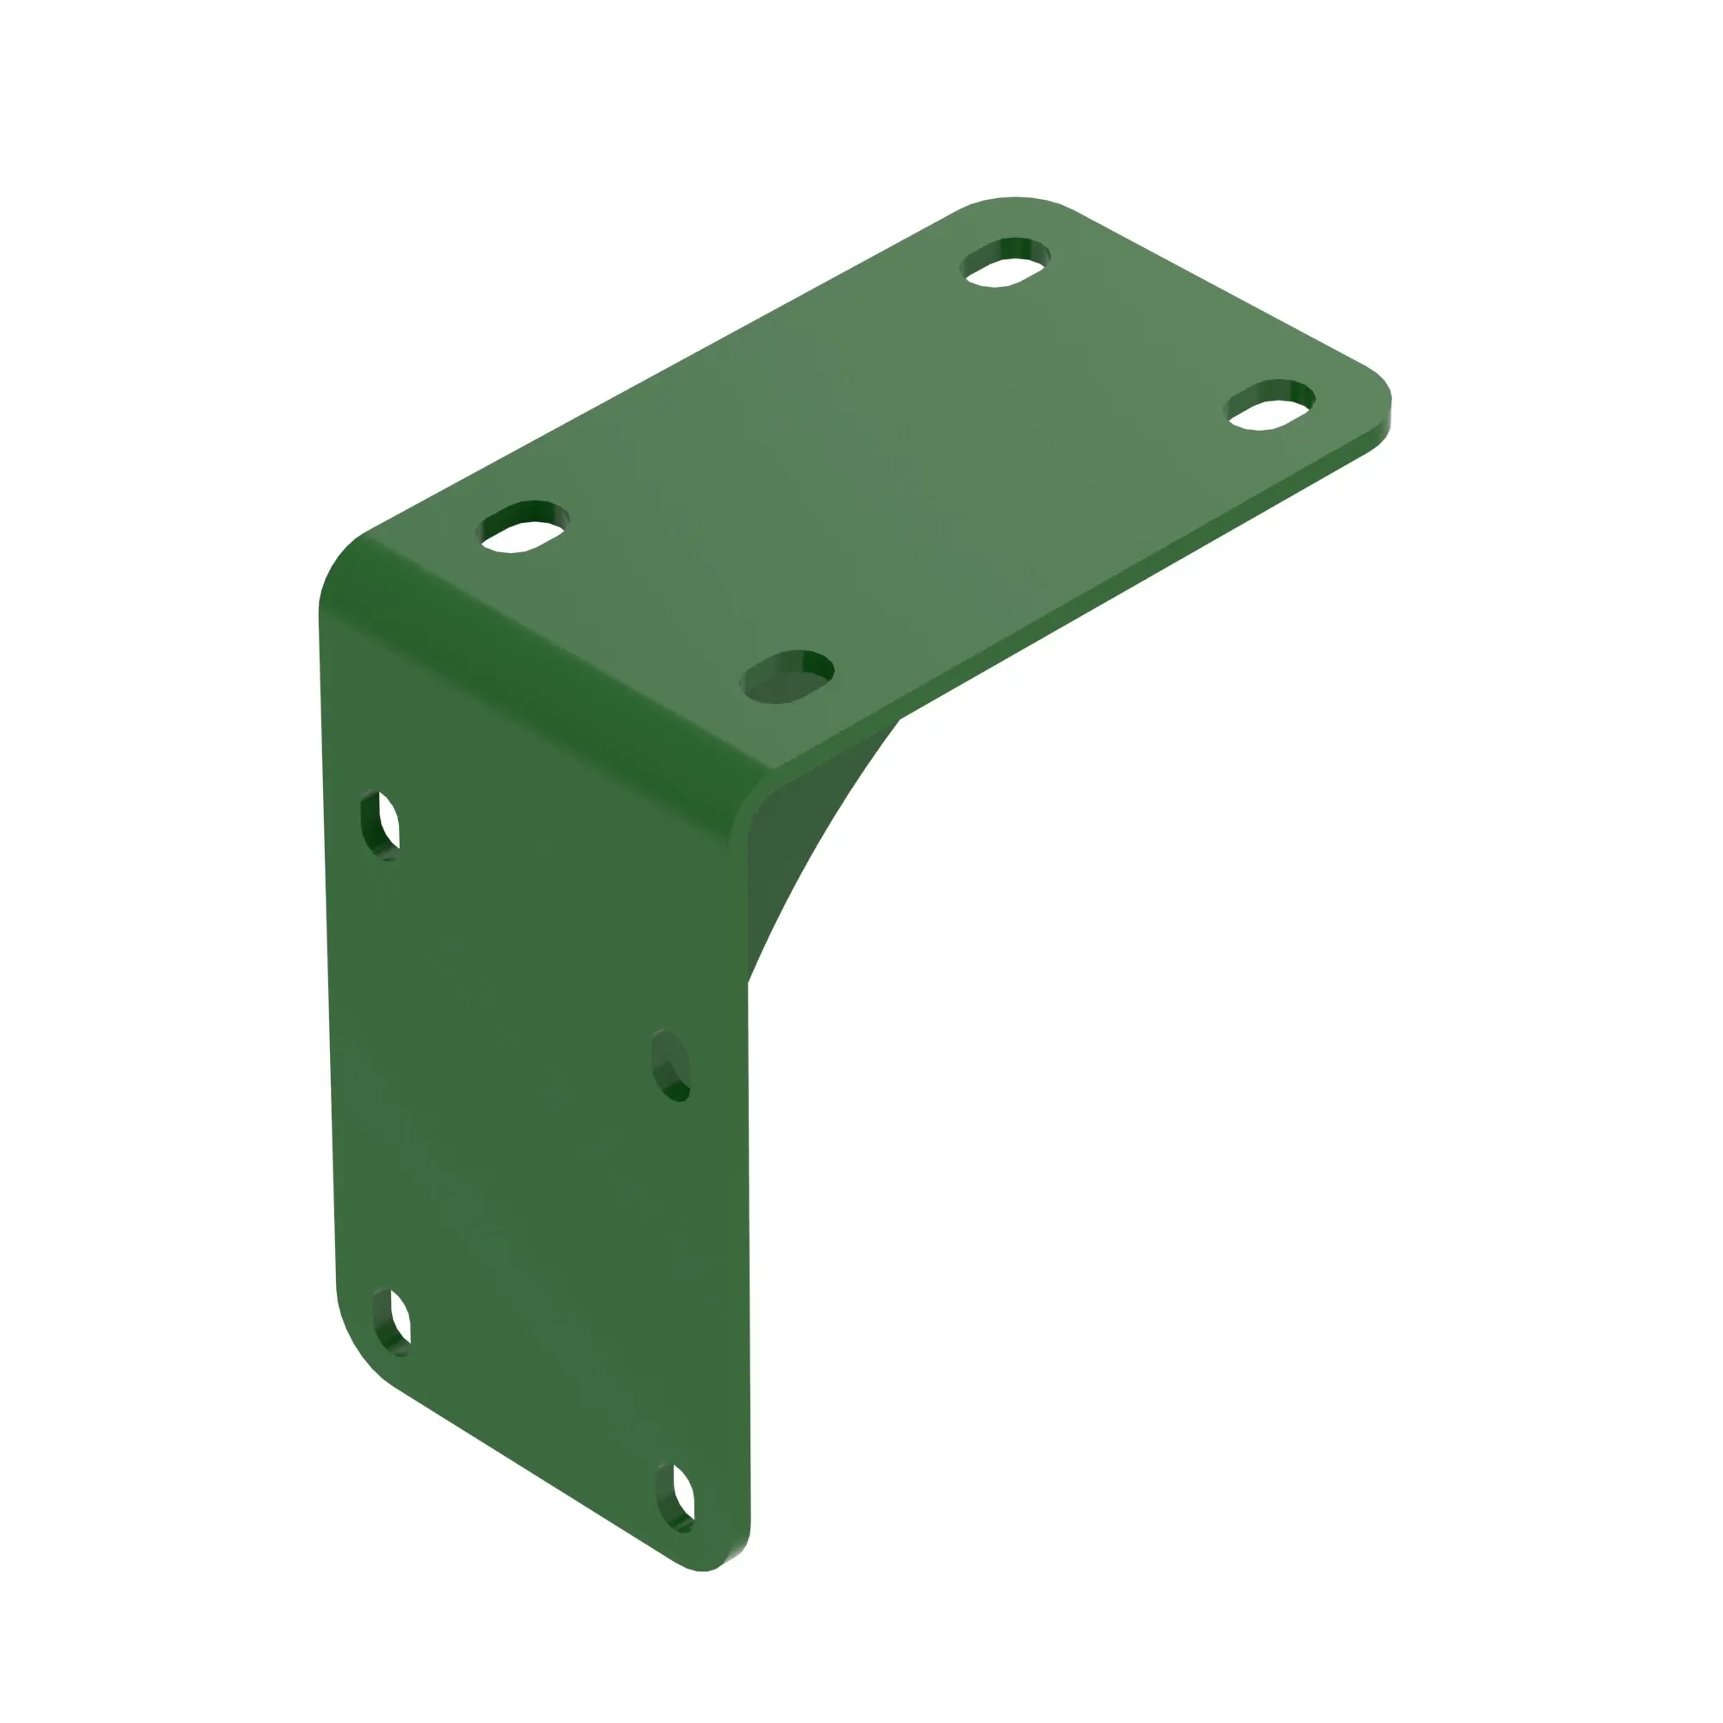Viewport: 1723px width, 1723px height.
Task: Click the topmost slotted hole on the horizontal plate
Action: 1005,262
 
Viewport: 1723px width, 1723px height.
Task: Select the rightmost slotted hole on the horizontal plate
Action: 1270,404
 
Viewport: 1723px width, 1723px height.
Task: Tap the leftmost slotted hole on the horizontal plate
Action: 524,526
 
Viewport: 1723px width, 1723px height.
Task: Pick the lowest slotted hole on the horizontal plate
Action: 787,676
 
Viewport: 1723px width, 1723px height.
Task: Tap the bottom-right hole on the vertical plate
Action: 676,1498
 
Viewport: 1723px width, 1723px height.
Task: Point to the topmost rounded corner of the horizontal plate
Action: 1015,200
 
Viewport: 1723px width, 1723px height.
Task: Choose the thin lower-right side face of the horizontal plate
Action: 1115,588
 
